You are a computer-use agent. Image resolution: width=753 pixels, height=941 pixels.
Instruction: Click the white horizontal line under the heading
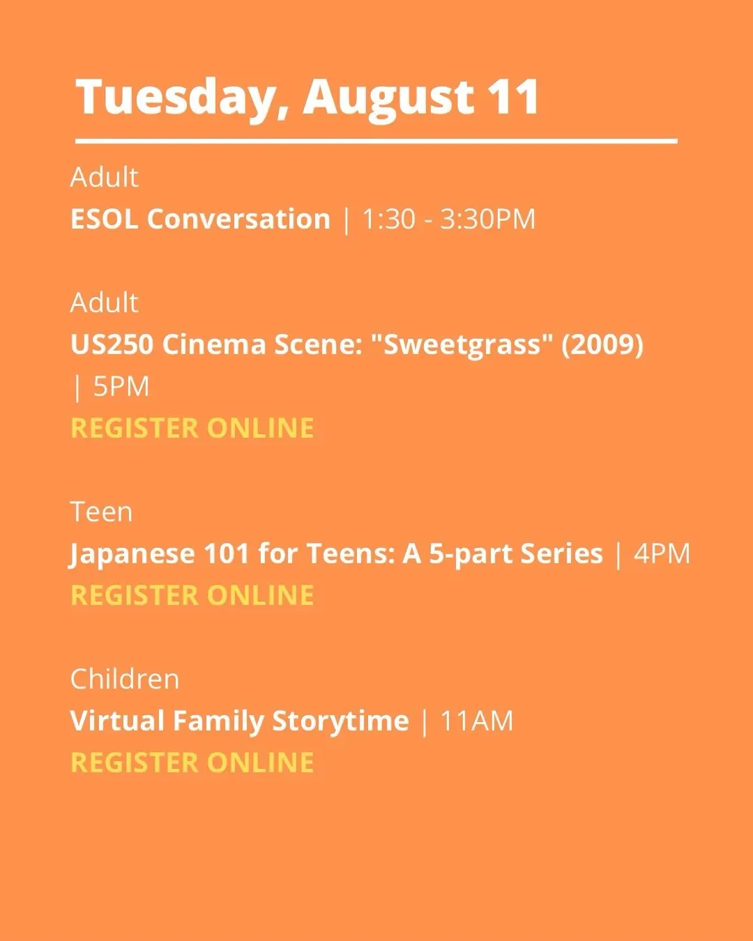pyautogui.click(x=376, y=141)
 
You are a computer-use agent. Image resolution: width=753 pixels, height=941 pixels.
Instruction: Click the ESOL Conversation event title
pyautogui.click(x=200, y=219)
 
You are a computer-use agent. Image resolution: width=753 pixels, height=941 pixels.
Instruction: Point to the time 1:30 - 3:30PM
pyautogui.click(x=448, y=219)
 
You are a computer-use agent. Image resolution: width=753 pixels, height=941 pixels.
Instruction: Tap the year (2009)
pyautogui.click(x=602, y=346)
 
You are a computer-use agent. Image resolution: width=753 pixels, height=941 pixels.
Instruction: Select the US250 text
pyautogui.click(x=112, y=344)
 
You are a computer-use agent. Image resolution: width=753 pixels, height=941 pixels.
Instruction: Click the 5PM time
pyautogui.click(x=121, y=387)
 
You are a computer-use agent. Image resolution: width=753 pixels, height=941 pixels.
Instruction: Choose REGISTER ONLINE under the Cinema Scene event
pyautogui.click(x=192, y=428)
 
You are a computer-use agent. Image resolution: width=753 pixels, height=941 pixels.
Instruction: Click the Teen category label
pyautogui.click(x=101, y=512)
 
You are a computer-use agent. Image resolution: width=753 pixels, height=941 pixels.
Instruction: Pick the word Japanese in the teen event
pyautogui.click(x=132, y=554)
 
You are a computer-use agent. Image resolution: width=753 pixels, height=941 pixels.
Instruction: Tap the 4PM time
pyautogui.click(x=662, y=553)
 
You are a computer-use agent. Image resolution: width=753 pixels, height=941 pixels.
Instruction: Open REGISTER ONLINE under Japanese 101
pyautogui.click(x=192, y=595)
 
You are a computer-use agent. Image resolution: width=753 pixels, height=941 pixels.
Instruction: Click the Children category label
pyautogui.click(x=125, y=679)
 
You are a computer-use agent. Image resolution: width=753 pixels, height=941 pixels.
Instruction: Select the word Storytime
pyautogui.click(x=340, y=721)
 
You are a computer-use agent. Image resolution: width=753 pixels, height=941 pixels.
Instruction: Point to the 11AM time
pyautogui.click(x=477, y=721)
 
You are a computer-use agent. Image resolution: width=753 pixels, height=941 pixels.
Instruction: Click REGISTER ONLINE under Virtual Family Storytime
pyautogui.click(x=192, y=763)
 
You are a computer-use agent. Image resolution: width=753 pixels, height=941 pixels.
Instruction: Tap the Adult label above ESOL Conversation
pyautogui.click(x=104, y=177)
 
